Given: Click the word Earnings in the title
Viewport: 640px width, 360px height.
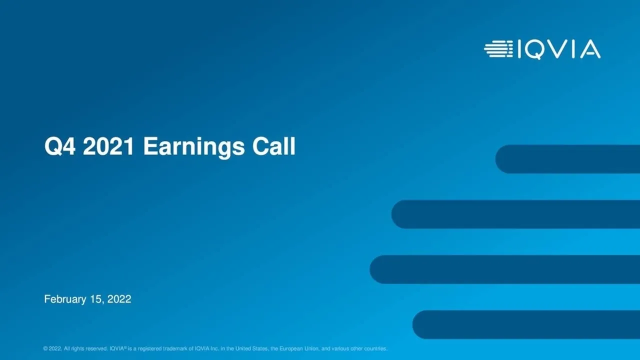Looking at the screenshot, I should (x=194, y=147).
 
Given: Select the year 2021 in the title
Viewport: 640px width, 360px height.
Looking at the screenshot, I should (x=108, y=147).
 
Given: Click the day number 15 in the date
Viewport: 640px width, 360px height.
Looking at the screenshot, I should (x=96, y=299).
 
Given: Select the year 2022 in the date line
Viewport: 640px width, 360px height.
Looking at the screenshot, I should (x=119, y=299).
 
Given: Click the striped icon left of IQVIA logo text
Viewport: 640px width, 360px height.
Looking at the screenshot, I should (x=498, y=49).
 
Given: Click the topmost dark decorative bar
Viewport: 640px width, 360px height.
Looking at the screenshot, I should (x=567, y=159).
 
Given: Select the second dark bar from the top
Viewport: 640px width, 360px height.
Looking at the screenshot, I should (x=515, y=214).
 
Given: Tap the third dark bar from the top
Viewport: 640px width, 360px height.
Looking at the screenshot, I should (x=505, y=269).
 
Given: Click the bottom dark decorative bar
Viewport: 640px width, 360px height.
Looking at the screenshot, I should (x=525, y=324).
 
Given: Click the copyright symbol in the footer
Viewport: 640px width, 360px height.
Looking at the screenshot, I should (x=45, y=348).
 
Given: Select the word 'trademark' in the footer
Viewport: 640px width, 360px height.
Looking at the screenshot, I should (x=175, y=348).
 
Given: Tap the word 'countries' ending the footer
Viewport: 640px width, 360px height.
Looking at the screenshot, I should (x=376, y=348).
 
